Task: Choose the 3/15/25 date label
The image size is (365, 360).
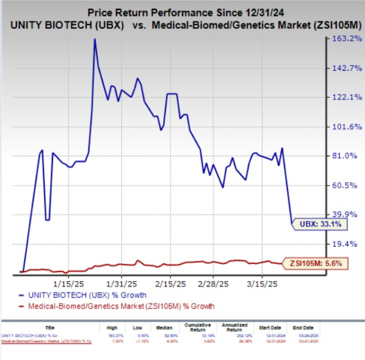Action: [x=265, y=283]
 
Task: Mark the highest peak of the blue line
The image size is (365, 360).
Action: [x=95, y=39]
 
